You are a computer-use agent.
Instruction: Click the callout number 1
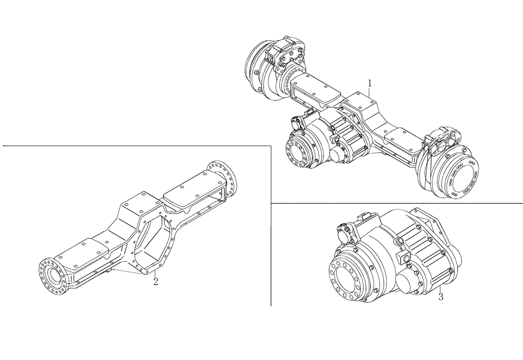(x=370, y=83)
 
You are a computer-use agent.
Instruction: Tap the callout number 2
(x=155, y=282)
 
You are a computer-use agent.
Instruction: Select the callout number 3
(x=441, y=297)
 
